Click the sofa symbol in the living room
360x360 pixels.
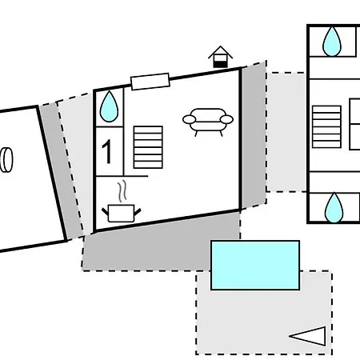coord(208,122)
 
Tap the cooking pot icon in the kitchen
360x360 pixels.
coord(122,213)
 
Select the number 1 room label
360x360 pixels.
coord(106,151)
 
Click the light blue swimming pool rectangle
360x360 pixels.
coord(255,265)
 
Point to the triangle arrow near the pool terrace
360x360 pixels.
coord(307,336)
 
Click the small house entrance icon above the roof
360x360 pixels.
coord(220,57)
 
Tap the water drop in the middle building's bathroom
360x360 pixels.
coord(109,106)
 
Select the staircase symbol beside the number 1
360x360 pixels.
coord(148,147)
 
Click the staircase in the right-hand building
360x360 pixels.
coord(326,126)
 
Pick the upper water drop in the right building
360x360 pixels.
coord(332,42)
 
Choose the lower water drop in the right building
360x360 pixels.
coord(334,207)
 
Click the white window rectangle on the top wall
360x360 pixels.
coord(150,82)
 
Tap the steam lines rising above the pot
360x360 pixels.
coord(122,191)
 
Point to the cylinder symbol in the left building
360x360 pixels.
coord(6,160)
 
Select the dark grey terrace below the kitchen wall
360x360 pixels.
coord(160,242)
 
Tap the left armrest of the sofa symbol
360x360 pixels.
coord(189,119)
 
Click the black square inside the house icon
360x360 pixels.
coord(220,64)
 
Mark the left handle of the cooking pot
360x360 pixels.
coord(105,212)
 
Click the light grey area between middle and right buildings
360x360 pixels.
coord(286,132)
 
